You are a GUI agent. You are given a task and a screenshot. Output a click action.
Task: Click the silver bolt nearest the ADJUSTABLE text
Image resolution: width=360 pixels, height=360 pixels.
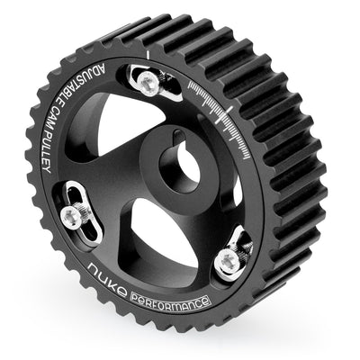[148, 85]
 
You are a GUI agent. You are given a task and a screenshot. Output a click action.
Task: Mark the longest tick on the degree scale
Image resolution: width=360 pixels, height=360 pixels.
[231, 111]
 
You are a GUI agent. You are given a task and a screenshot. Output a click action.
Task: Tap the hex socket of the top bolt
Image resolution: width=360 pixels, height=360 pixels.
[148, 85]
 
